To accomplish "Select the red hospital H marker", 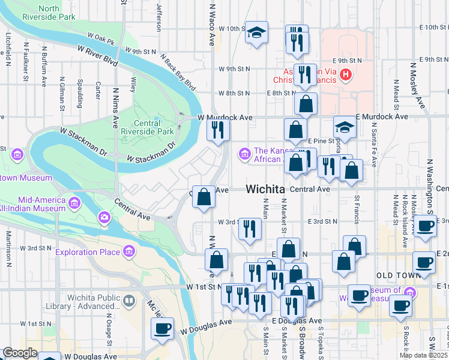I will click(x=346, y=75).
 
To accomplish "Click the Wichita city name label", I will click(x=265, y=189).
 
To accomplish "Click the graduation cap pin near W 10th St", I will click(x=257, y=33).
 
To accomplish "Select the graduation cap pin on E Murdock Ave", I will click(x=345, y=128).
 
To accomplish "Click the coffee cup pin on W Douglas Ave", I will click(x=163, y=329).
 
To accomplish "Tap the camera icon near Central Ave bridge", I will click(x=104, y=216).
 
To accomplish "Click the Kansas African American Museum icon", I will click(x=244, y=154).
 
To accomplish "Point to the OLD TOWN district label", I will click(x=396, y=275).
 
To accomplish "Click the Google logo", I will click(x=20, y=353).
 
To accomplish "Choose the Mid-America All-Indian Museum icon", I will click(x=75, y=200).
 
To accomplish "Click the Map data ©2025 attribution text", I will click(x=423, y=355).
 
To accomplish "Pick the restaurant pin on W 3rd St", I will click(x=249, y=229).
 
